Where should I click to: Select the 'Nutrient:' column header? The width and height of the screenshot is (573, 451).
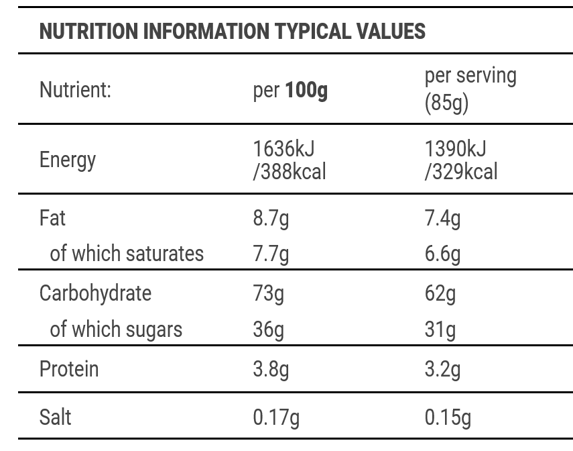[x=75, y=90]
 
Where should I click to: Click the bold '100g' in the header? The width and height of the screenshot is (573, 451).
[x=306, y=90]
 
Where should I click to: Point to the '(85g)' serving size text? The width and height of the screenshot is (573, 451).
[x=446, y=104]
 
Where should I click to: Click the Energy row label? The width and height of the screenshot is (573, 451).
[x=68, y=160]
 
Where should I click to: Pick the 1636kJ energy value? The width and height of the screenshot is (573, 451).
[x=283, y=148]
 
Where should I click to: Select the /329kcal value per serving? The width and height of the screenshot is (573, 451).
[x=461, y=172]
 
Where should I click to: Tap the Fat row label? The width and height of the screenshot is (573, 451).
[x=52, y=218]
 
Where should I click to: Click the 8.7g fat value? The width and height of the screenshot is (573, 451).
[x=271, y=219]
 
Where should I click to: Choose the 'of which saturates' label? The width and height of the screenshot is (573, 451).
[x=127, y=254]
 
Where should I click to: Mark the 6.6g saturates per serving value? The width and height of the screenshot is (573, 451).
[x=442, y=254]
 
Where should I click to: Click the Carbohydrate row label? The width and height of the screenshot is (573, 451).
[x=95, y=293]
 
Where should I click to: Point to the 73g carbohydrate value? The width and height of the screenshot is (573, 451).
[x=268, y=294]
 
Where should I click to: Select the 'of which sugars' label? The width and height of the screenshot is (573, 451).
[x=116, y=330]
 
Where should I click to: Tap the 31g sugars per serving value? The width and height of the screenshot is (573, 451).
[x=440, y=330]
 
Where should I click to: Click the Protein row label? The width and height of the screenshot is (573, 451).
[x=69, y=369]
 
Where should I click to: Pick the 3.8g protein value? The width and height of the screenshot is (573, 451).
[x=271, y=370]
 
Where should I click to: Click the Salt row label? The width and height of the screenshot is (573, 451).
[x=55, y=417]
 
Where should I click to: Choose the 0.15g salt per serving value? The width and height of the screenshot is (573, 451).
[x=448, y=417]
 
